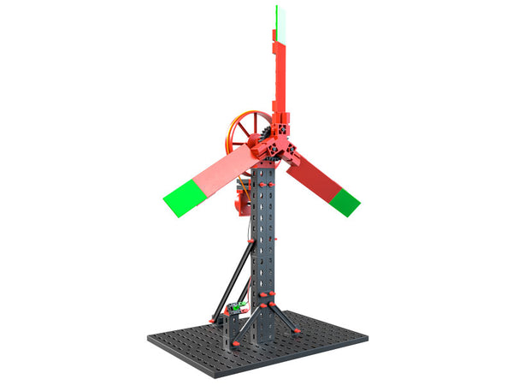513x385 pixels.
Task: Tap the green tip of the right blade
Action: (x=345, y=203)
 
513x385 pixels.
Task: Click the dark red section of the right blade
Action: (x=311, y=177)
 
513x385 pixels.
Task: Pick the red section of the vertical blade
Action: (x=280, y=77)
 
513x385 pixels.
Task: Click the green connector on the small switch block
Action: (x=242, y=305)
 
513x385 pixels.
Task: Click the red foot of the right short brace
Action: (x=296, y=330)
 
